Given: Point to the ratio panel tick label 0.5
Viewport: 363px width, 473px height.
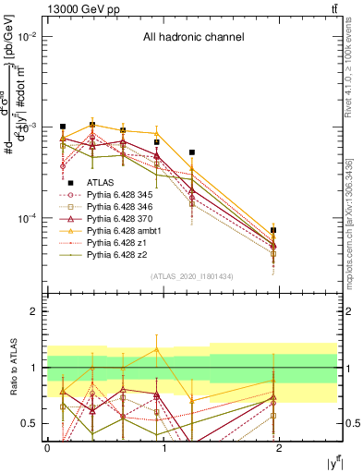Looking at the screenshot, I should [x=30, y=423].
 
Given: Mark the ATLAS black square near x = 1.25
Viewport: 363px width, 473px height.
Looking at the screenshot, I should [x=192, y=152].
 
